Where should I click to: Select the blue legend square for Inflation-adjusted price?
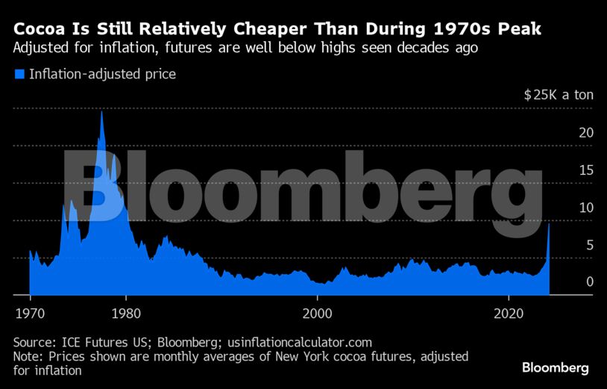[x=19, y=74]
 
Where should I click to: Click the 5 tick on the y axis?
[x=569, y=244]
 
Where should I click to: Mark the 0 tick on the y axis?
[x=569, y=281]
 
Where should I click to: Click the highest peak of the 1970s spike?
[x=101, y=112]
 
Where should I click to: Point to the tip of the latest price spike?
[x=550, y=224]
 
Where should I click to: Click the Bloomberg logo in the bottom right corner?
[x=555, y=368]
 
